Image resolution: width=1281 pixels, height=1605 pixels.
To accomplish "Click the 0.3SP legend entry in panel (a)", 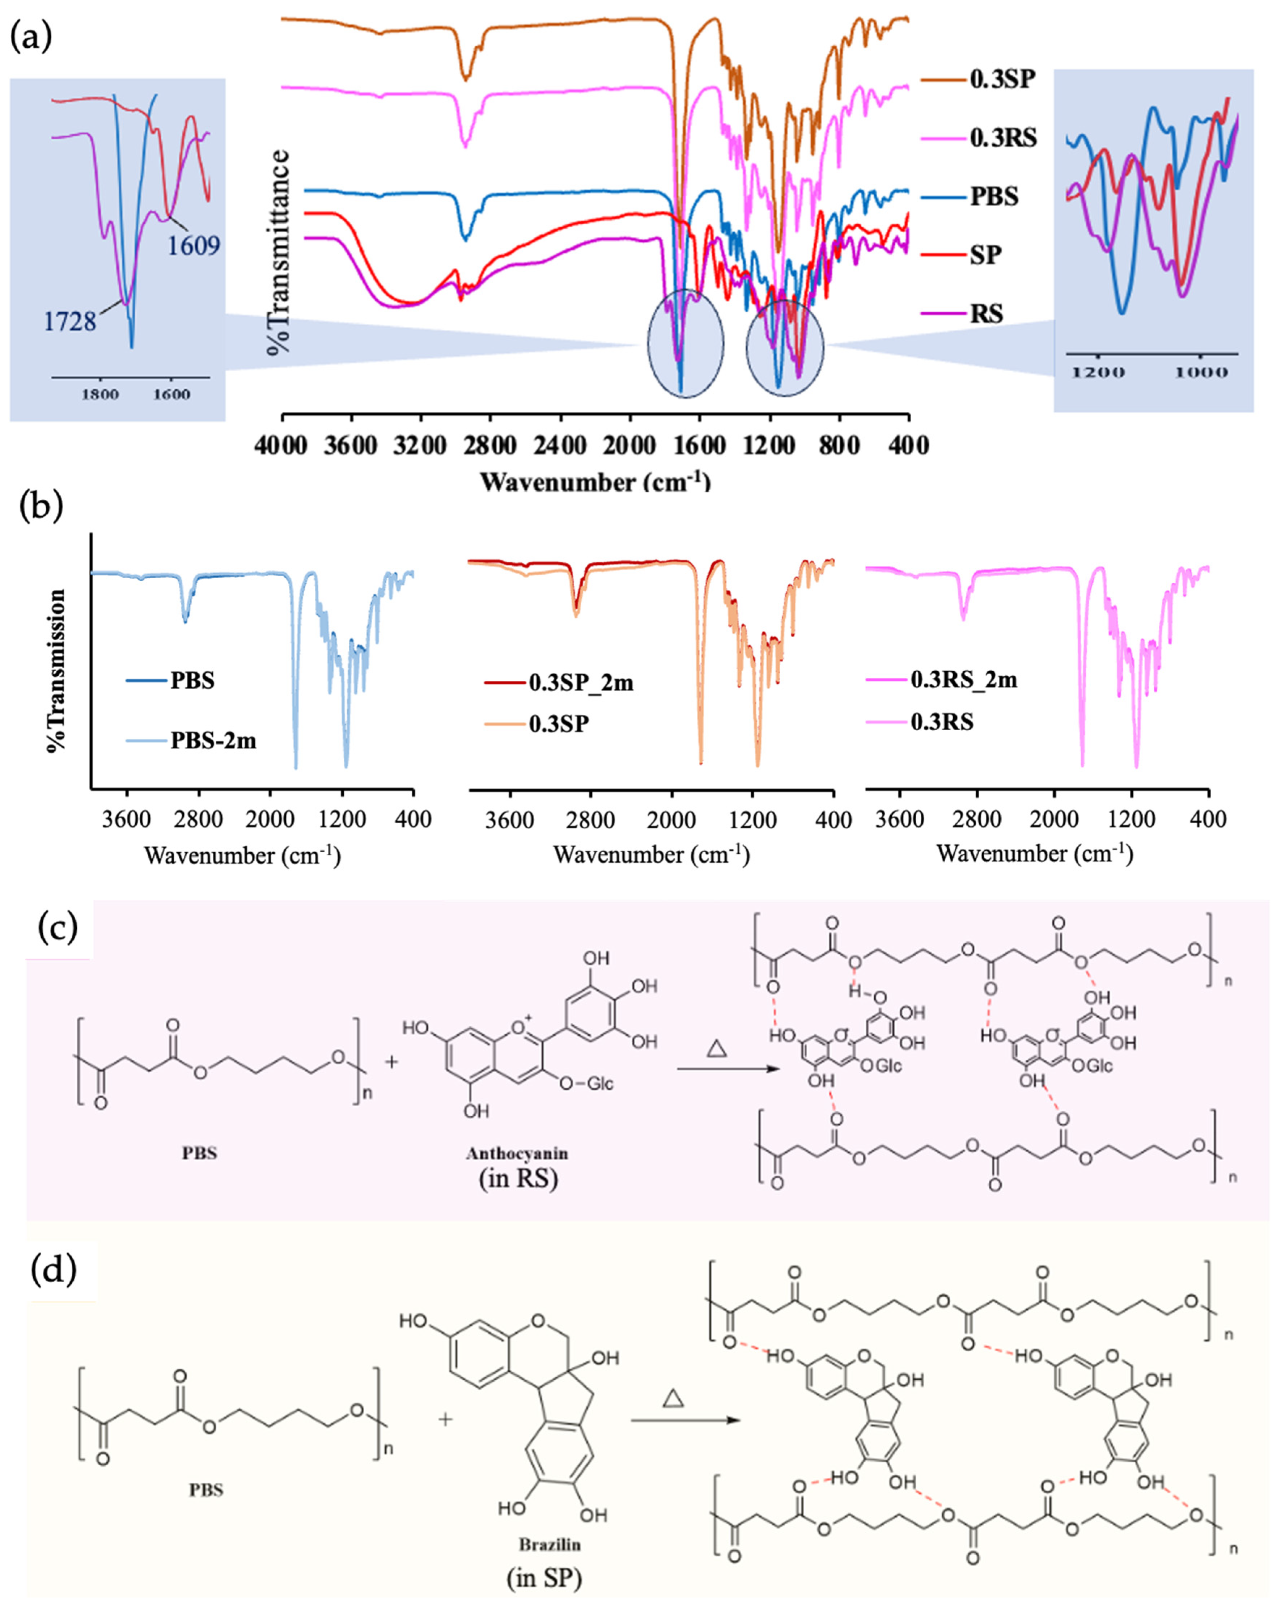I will coord(1001,79).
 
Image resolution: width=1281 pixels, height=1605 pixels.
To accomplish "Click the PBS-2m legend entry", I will coord(213,741).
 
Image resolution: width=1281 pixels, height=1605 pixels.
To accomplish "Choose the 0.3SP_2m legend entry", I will coord(581,683).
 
